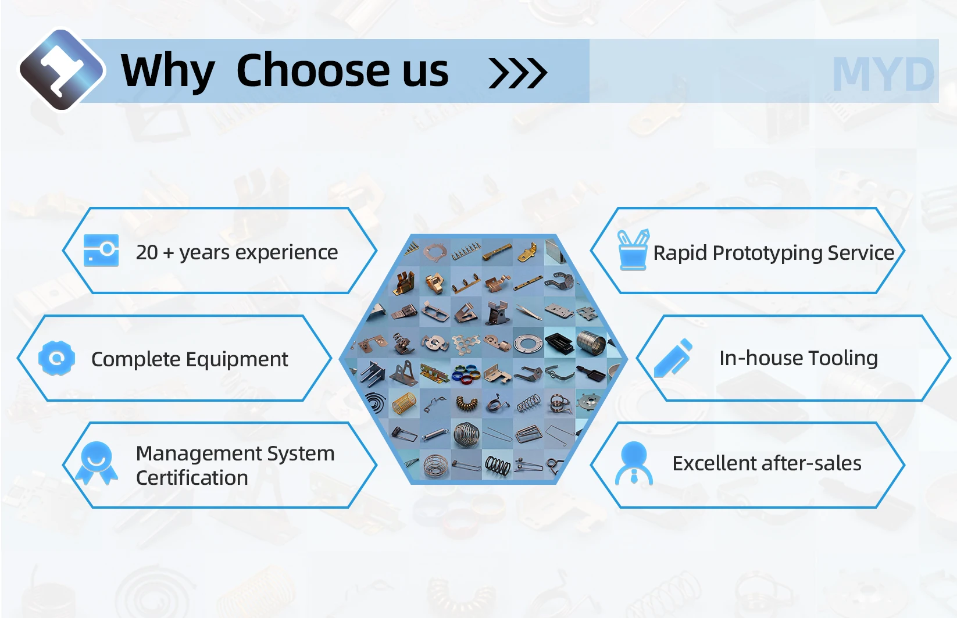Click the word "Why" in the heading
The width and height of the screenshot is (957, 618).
click(167, 71)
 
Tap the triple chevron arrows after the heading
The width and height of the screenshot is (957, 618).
click(518, 73)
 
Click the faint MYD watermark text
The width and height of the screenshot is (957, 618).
click(884, 74)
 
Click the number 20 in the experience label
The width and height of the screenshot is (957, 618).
click(147, 252)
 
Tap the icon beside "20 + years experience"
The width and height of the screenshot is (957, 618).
click(101, 250)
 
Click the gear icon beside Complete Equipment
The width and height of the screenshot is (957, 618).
click(56, 358)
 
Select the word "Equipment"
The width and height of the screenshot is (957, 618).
click(237, 360)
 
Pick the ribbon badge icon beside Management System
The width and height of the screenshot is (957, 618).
click(97, 463)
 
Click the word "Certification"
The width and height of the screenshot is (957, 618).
click(192, 477)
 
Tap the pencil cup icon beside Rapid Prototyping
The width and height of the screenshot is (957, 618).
click(633, 249)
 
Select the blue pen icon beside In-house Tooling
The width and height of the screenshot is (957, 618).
click(673, 358)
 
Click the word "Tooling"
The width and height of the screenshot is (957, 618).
click(843, 359)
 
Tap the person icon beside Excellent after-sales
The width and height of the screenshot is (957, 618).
click(634, 463)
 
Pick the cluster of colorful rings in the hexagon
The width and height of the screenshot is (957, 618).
click(466, 373)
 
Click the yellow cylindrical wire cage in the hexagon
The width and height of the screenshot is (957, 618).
click(403, 403)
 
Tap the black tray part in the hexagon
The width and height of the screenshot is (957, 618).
click(560, 342)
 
